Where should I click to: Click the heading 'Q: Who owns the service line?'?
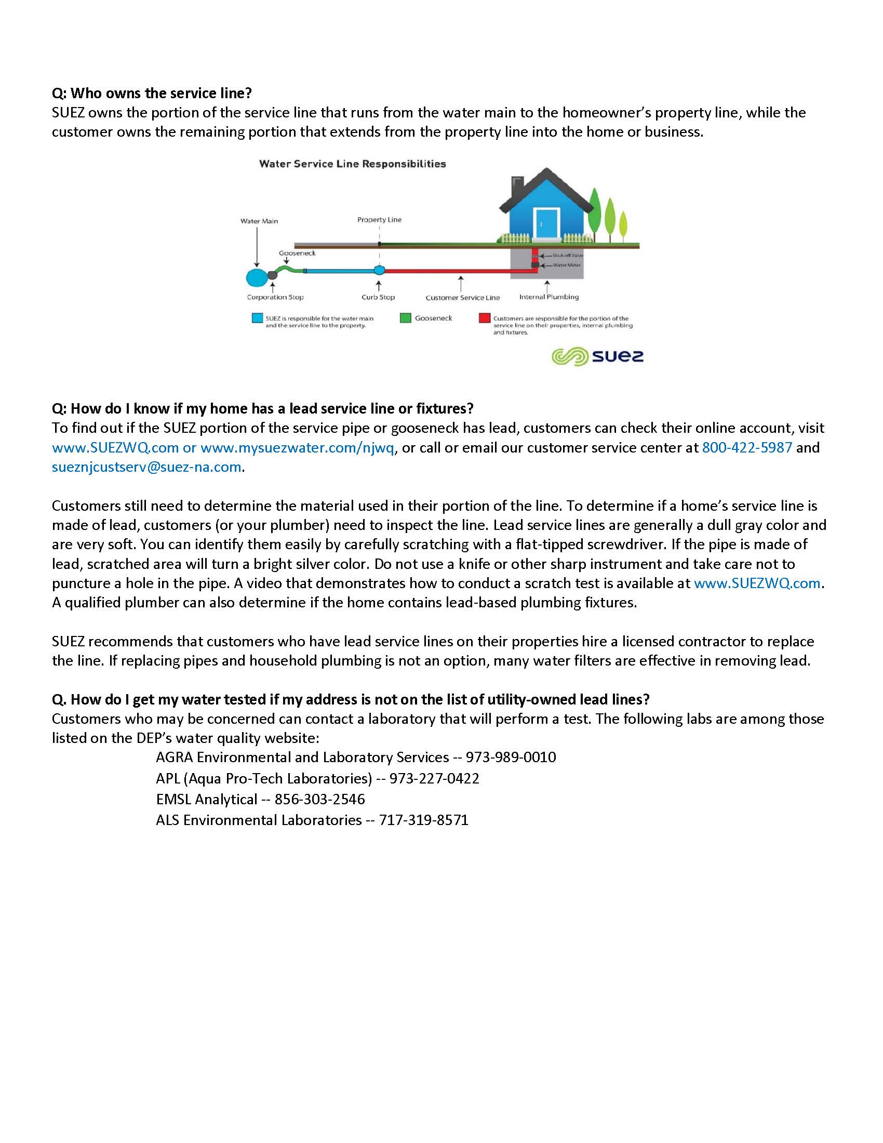[x=152, y=93]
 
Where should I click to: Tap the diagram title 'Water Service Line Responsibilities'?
[x=353, y=164]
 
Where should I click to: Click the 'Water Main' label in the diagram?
[x=259, y=221]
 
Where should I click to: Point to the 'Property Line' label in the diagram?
[x=379, y=220]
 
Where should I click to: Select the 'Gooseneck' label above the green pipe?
[x=297, y=254]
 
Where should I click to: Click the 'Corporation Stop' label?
[x=275, y=297]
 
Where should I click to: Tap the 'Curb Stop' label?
[x=378, y=297]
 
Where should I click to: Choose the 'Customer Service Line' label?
[x=462, y=298]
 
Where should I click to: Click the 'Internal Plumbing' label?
[x=548, y=297]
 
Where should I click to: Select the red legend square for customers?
[x=485, y=318]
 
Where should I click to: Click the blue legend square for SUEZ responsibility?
[x=257, y=318]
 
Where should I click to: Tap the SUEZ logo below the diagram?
[x=597, y=357]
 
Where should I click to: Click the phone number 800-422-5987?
[x=746, y=447]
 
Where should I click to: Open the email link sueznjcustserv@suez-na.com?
[x=146, y=467]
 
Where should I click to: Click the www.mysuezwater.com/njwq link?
[x=297, y=447]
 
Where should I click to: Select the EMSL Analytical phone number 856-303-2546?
[x=319, y=799]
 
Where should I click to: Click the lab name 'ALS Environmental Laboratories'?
[x=259, y=819]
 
